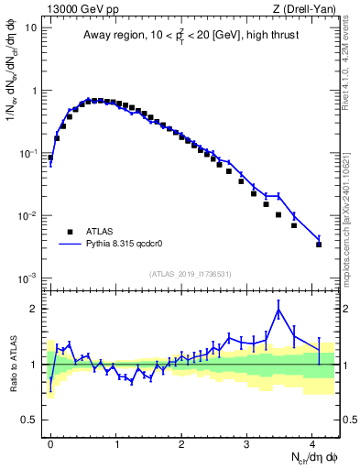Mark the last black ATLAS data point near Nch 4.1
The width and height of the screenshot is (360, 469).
click(x=319, y=245)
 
